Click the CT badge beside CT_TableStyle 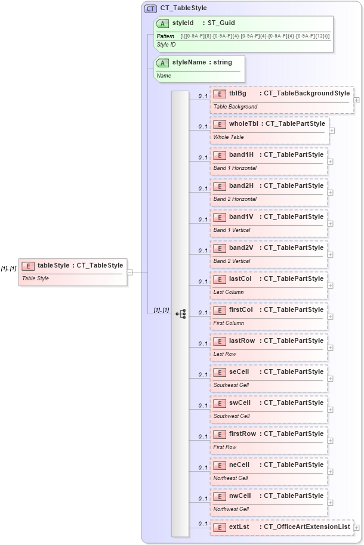point(151,9)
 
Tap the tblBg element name point(237,93)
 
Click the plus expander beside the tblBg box point(357,100)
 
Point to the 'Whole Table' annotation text point(229,137)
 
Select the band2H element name point(241,186)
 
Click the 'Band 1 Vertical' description point(232,230)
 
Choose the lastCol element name point(240,279)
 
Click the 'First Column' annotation point(229,323)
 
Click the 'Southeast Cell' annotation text point(231,385)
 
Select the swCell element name point(240,403)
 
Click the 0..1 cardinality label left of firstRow point(203,437)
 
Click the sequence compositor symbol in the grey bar point(181,313)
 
